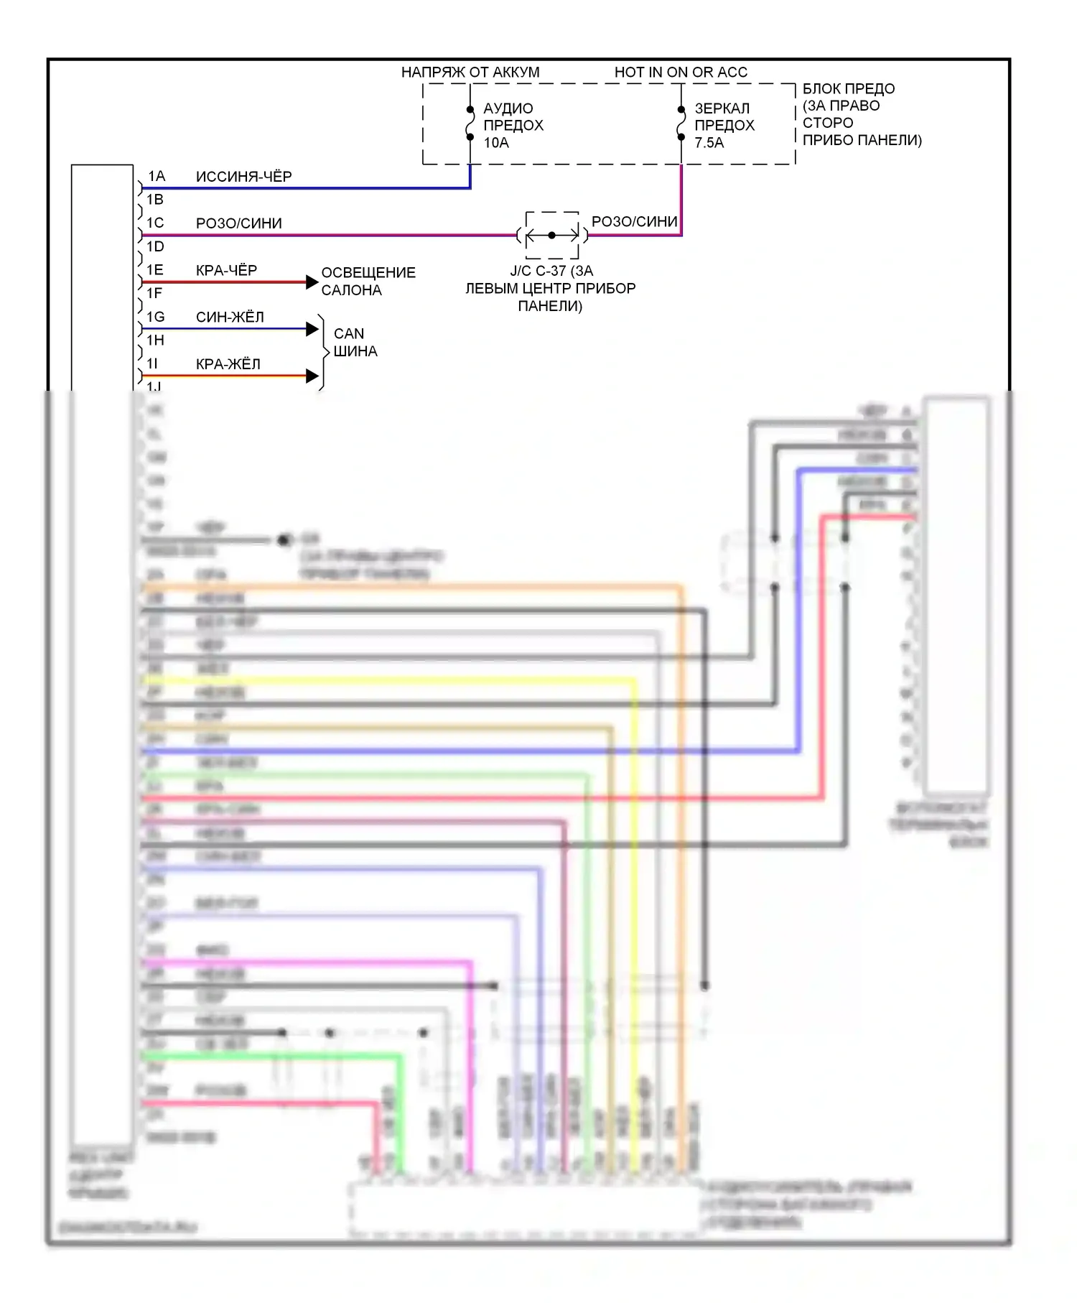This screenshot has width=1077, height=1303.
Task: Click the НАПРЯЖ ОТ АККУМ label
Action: (470, 73)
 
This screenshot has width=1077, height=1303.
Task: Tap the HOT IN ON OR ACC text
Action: (681, 73)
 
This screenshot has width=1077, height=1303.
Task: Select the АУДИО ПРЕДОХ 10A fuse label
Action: (513, 126)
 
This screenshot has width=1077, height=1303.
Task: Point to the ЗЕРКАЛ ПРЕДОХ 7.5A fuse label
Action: (724, 126)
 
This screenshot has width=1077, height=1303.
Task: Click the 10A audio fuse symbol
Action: (470, 123)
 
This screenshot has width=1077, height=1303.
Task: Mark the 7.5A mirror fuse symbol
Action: (681, 123)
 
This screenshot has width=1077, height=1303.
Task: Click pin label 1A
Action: (157, 176)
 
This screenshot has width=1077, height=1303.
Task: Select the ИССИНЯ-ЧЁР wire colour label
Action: (243, 177)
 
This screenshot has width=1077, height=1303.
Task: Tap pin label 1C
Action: (156, 223)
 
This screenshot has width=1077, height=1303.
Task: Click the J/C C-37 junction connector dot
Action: (551, 235)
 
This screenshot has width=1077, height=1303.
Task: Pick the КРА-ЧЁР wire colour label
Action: (226, 270)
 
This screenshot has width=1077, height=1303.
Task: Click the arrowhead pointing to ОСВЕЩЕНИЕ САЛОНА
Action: (312, 282)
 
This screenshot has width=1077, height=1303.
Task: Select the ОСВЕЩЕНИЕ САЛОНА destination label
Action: (368, 282)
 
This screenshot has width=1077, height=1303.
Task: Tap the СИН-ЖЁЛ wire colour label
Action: (230, 317)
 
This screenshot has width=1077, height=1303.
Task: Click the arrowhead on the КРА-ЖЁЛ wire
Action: (312, 376)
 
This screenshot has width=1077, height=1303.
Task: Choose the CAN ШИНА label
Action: (355, 343)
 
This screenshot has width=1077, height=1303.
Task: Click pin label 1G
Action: (156, 317)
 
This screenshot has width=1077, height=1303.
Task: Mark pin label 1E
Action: (155, 270)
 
